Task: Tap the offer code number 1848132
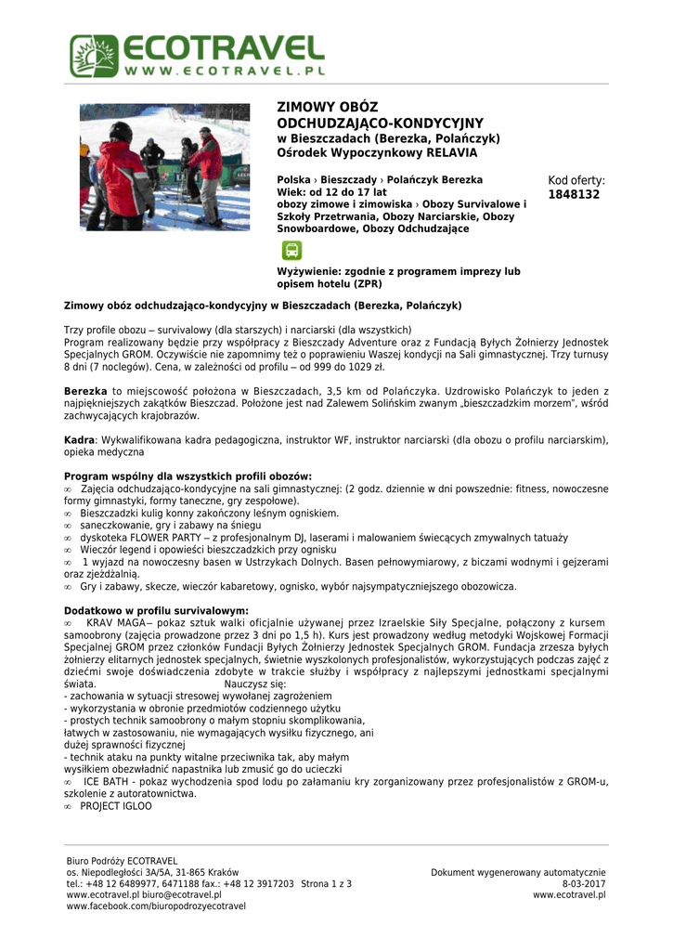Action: point(575,195)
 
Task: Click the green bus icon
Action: point(291,250)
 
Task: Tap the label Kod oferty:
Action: point(576,180)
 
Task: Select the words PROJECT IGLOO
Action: point(116,807)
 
